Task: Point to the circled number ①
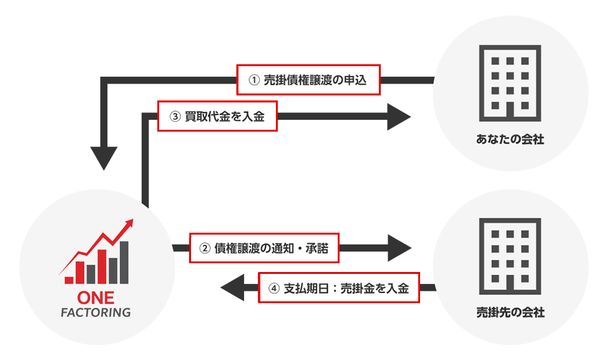click(x=253, y=80)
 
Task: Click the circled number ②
click(x=203, y=248)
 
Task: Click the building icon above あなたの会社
click(x=509, y=84)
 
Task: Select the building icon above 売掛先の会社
click(x=509, y=256)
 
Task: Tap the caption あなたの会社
click(x=510, y=140)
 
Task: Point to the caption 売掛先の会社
click(x=510, y=312)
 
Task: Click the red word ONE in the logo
click(x=95, y=297)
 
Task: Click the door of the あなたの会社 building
click(x=509, y=112)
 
